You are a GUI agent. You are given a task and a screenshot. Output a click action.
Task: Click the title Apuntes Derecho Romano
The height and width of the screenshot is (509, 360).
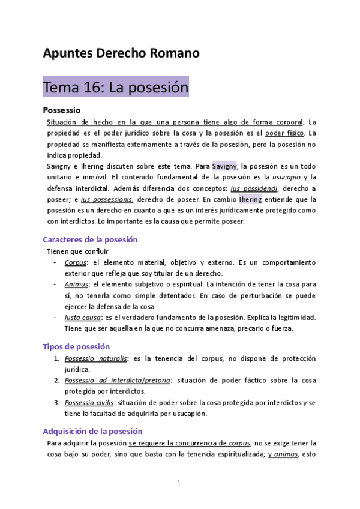coord(121,53)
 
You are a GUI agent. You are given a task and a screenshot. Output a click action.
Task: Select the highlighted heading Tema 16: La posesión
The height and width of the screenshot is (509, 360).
coord(116,88)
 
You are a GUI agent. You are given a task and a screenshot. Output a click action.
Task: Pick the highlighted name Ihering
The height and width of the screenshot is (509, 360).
coord(250,199)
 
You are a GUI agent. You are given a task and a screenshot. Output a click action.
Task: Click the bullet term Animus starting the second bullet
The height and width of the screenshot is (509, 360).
coord(76,284)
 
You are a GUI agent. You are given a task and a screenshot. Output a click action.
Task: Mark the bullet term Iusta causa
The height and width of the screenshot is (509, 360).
coord(82,317)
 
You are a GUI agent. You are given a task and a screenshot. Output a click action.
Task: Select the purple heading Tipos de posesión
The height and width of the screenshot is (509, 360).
coord(76,347)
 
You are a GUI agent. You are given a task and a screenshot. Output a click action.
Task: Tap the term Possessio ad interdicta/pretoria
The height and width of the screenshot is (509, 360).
coord(118,381)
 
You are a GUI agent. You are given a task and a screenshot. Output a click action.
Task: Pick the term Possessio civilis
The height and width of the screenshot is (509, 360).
coord(90,403)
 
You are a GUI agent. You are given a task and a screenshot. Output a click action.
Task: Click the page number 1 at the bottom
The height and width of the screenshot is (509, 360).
coord(179,483)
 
